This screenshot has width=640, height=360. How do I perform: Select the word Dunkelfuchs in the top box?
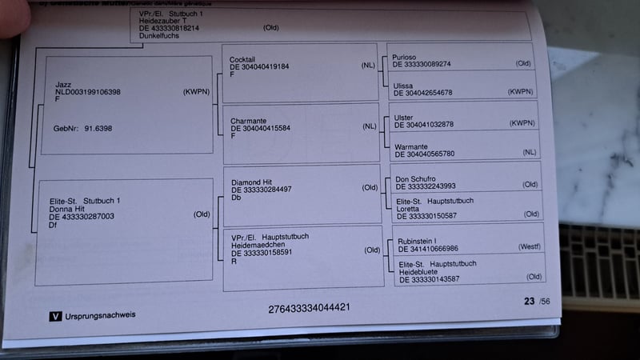160,36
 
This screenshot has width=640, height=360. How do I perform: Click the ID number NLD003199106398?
88,92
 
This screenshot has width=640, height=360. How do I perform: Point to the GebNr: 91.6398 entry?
82,127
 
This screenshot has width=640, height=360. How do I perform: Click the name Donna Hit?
66,208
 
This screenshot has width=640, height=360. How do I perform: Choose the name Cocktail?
242,59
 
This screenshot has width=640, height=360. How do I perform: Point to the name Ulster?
405,117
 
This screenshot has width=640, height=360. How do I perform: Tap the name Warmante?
413,146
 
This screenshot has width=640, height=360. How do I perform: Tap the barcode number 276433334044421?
309,307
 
